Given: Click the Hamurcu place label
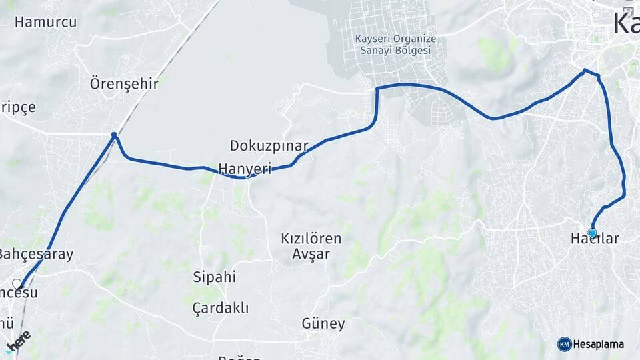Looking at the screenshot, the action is (x=45, y=22).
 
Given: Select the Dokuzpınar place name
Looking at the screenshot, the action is (x=269, y=145).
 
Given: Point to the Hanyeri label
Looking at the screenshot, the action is (x=245, y=169).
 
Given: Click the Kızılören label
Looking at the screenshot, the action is (x=311, y=239).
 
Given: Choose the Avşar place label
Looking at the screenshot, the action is (x=311, y=254).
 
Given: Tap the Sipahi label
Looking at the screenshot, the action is (x=214, y=277).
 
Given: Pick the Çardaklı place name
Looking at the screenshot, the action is (x=220, y=308).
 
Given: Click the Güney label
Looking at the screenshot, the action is (x=323, y=325).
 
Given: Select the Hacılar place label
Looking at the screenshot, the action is (x=595, y=239).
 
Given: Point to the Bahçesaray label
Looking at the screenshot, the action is (x=35, y=254).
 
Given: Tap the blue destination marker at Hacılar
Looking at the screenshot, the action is (x=592, y=233).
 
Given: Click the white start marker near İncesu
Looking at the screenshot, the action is (x=17, y=284).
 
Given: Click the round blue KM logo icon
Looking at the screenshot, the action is (x=564, y=344).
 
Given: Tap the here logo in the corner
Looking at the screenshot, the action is (x=18, y=339).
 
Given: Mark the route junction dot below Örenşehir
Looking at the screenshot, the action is (x=114, y=135).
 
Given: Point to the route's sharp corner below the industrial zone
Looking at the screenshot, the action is (x=377, y=89).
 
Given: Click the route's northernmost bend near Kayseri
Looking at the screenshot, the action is (x=585, y=70).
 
